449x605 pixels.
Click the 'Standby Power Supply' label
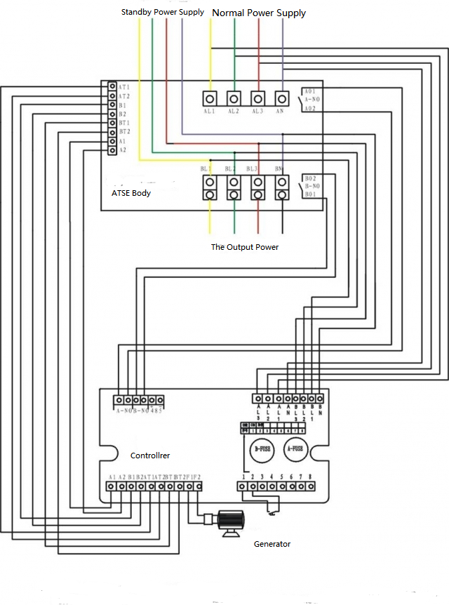coord(163,12)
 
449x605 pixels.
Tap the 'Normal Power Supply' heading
coord(259,13)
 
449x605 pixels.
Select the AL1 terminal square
coord(210,98)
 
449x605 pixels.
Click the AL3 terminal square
coord(258,98)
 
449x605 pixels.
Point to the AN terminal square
coord(282,98)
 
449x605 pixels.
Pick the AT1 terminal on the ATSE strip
coord(112,86)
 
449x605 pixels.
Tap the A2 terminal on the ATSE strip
coord(112,149)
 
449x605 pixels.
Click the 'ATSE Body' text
coord(131,193)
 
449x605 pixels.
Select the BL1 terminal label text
coord(206,169)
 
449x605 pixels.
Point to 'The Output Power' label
coord(245,247)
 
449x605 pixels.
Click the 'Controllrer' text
coord(150,456)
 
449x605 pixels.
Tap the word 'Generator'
coord(272,544)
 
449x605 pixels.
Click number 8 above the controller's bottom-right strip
coord(309,477)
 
